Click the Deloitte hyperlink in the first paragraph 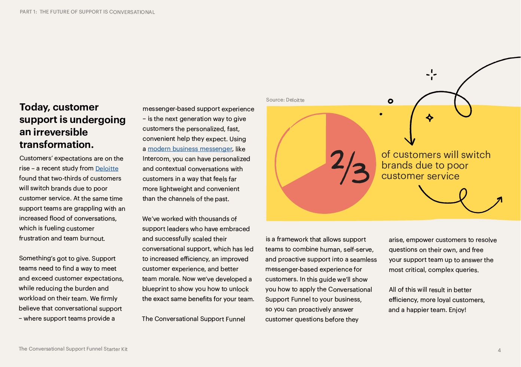click(x=107, y=169)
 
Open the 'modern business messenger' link click(x=190, y=149)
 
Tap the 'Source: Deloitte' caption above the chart click(x=285, y=100)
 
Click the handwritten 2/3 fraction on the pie click(x=350, y=167)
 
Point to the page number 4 click(x=499, y=351)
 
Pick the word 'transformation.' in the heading click(x=57, y=145)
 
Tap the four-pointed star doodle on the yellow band click(x=430, y=118)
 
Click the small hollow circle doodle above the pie click(x=390, y=101)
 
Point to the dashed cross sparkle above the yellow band click(x=432, y=75)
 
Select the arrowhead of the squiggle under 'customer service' click(x=499, y=200)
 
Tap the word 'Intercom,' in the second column click(x=156, y=159)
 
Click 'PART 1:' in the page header click(x=28, y=12)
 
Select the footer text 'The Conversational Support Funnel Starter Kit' click(x=73, y=349)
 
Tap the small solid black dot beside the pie click(x=381, y=114)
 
